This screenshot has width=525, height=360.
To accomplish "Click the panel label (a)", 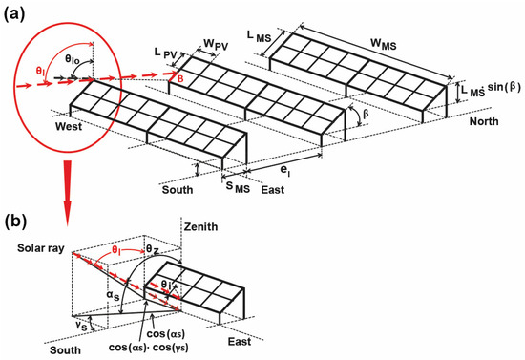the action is pos(14,15).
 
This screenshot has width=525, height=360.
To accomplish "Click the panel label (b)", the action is pos(15,222).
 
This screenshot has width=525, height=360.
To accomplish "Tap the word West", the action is pos(69,127).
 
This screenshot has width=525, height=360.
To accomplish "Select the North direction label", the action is pos(484,121).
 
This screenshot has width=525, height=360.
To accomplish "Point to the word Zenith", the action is pos(200,226).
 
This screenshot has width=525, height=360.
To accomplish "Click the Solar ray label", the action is pos(41,249).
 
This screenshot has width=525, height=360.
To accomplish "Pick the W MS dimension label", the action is pos(384,44).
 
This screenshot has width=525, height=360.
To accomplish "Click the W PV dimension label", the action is pos(216,45).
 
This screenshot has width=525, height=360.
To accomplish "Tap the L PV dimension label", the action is pos(165,53).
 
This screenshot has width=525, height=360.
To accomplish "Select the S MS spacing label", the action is pos(238,187).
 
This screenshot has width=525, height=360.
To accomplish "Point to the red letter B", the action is pos(180,79).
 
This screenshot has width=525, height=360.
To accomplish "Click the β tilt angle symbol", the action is pos(366,114).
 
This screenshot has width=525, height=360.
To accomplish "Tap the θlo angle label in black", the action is pos(73,60).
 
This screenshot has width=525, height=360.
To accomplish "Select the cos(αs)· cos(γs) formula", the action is pos(149,348).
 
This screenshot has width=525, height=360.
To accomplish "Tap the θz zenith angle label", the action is pos(154,249).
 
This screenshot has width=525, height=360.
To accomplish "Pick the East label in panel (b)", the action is pos(240,342).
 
